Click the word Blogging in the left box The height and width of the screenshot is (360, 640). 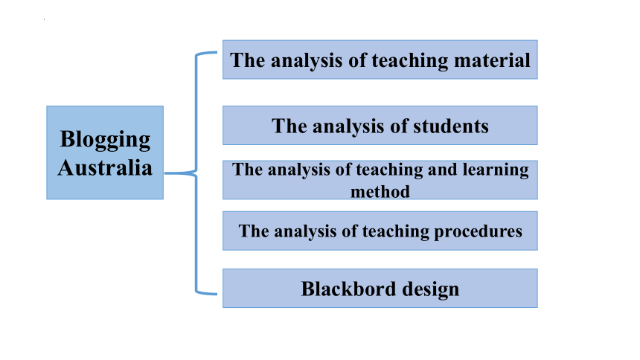pyautogui.click(x=106, y=141)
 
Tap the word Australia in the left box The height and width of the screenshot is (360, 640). pyautogui.click(x=105, y=168)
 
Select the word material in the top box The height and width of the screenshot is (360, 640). pyautogui.click(x=492, y=60)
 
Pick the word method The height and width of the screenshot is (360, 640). pyautogui.click(x=380, y=192)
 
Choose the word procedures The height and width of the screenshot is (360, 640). pyautogui.click(x=478, y=232)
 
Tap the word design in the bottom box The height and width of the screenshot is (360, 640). pyautogui.click(x=431, y=290)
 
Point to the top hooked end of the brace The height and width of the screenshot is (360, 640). pyautogui.click(x=217, y=52)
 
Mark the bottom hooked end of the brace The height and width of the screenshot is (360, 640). pyautogui.click(x=217, y=294)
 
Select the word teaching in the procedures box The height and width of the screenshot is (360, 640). pyautogui.click(x=395, y=232)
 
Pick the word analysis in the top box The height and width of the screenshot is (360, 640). pyautogui.click(x=307, y=61)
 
